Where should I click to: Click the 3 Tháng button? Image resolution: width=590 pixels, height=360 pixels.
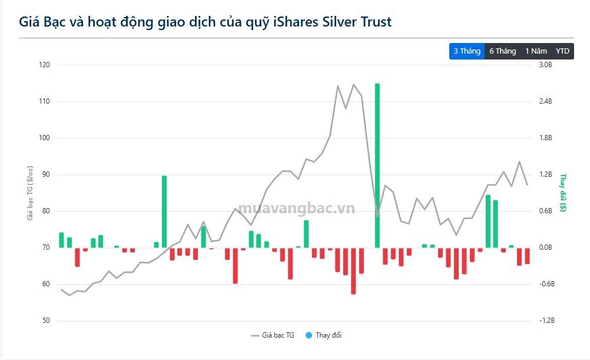467,51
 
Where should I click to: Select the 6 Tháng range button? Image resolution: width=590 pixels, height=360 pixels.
502,51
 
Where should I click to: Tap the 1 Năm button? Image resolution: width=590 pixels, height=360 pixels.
536,51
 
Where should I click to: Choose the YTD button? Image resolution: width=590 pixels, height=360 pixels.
563,51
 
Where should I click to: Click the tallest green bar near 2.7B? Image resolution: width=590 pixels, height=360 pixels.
377,165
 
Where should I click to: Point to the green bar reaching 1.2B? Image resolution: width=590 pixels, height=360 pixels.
164,211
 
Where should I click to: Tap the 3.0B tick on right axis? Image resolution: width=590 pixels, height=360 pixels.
546,65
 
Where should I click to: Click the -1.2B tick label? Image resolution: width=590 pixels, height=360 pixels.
547,321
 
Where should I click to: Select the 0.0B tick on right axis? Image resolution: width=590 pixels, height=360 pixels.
546,247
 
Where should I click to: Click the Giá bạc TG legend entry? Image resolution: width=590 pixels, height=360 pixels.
273,335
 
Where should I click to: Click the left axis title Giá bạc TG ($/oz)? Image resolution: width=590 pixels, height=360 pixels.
29,193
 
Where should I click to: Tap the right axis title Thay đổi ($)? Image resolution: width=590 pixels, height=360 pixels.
563,193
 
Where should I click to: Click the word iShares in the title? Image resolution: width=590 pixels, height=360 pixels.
297,22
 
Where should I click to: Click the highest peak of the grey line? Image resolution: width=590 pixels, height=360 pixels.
354,84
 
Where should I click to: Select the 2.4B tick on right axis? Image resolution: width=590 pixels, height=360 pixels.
546,101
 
